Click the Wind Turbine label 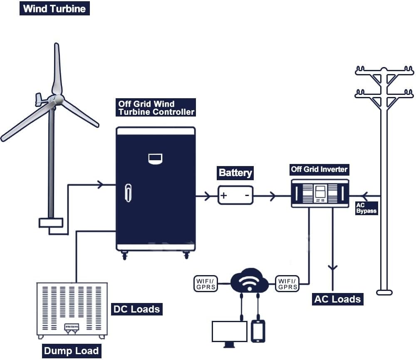click(54, 9)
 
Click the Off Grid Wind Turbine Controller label click(156, 108)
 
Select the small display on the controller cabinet click(156, 159)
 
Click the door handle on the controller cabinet click(128, 192)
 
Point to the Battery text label click(235, 173)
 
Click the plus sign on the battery click(224, 195)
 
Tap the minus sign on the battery click(247, 195)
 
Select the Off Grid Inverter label click(319, 169)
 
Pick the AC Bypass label click(366, 208)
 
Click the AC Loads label click(337, 299)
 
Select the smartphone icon click(258, 331)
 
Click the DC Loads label click(136, 309)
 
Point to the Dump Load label click(71, 351)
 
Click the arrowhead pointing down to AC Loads click(332, 268)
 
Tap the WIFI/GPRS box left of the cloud click(206, 283)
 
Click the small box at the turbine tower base click(51, 223)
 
